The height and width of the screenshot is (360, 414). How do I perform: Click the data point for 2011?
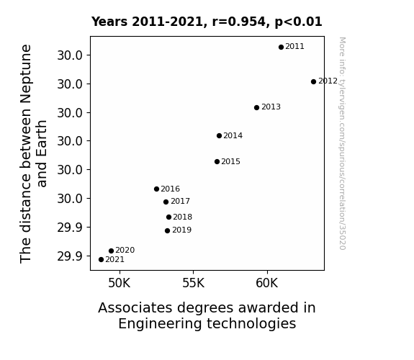pyautogui.click(x=281, y=47)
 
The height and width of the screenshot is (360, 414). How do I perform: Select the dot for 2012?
pyautogui.click(x=313, y=81)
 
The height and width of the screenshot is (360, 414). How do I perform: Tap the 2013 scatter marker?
pyautogui.click(x=256, y=107)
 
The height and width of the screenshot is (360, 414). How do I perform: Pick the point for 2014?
pyautogui.click(x=219, y=136)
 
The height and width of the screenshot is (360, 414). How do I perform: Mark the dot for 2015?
pyautogui.click(x=217, y=162)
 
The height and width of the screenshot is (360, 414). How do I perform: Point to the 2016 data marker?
pyautogui.click(x=156, y=189)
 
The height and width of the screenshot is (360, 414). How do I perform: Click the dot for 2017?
pyautogui.click(x=166, y=202)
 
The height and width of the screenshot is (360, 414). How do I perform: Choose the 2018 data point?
pyautogui.click(x=168, y=217)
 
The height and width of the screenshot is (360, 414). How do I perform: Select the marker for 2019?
pyautogui.click(x=167, y=231)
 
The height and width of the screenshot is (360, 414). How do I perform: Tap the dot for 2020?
pyautogui.click(x=111, y=251)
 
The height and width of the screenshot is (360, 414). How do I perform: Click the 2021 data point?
pyautogui.click(x=101, y=260)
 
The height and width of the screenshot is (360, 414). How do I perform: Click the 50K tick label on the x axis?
pyautogui.click(x=120, y=283)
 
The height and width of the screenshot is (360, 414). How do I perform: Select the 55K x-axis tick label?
pyautogui.click(x=193, y=283)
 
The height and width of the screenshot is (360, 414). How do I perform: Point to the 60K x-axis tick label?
pyautogui.click(x=267, y=283)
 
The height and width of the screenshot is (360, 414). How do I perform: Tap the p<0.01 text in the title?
pyautogui.click(x=298, y=22)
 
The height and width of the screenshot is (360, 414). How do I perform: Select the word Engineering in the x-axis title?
pyautogui.click(x=159, y=324)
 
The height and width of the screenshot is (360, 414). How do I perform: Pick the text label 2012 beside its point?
pyautogui.click(x=328, y=81)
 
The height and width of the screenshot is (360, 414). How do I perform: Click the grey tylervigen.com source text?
pyautogui.click(x=342, y=143)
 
